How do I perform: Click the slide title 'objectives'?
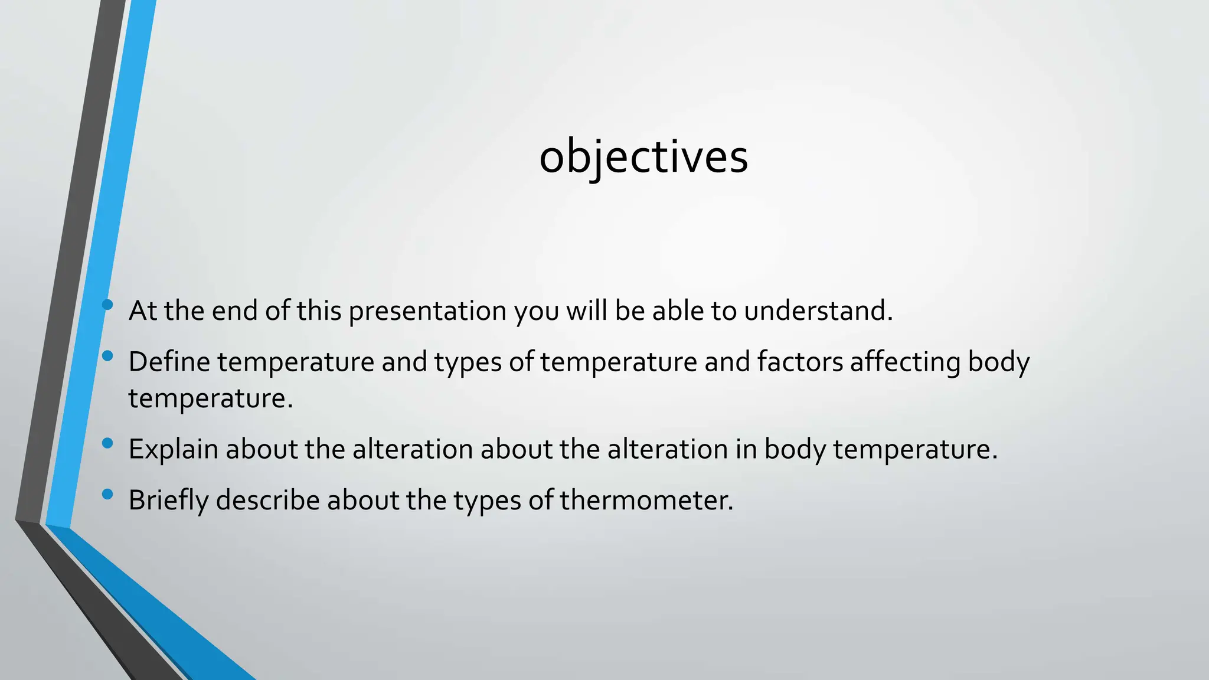click(643, 157)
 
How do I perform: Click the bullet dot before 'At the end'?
click(107, 305)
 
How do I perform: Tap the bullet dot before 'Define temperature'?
click(107, 356)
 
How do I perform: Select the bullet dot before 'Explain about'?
click(107, 443)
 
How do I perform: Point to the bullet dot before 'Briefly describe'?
click(107, 494)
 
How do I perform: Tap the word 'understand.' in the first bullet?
click(818, 311)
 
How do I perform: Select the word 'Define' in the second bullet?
click(169, 362)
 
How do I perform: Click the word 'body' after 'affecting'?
click(999, 362)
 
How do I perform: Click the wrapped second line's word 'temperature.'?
click(211, 398)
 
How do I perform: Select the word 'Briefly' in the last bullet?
click(168, 501)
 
